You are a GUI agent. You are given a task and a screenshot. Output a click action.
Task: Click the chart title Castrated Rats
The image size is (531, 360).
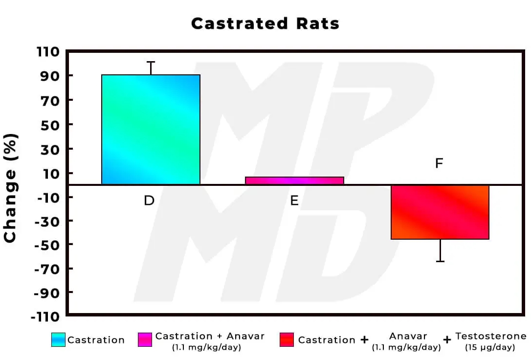[265, 23]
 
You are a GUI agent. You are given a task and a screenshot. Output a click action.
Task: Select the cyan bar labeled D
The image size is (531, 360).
[151, 130]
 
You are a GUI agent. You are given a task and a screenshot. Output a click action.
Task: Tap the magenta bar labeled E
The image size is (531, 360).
[294, 180]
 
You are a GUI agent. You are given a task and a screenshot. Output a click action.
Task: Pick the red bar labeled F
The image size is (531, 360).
[440, 212]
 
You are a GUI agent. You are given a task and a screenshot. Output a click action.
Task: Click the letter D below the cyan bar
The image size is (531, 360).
[149, 201]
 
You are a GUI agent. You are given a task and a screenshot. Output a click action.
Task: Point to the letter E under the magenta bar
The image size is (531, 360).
[294, 201]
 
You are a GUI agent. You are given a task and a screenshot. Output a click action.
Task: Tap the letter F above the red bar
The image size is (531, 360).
[439, 163]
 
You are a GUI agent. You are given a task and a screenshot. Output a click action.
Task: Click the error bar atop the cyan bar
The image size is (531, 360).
[151, 68]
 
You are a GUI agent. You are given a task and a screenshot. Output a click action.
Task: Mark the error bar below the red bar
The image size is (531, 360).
[440, 250]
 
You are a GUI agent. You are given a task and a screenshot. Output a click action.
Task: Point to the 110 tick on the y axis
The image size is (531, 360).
[47, 52]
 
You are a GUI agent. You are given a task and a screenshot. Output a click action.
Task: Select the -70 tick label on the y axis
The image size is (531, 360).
[47, 269]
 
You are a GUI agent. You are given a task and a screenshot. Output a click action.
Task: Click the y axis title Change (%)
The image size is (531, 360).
[10, 187]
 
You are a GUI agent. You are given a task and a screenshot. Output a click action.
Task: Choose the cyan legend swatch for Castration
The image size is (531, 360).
[58, 340]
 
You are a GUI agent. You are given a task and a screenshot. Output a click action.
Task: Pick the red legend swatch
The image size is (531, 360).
[287, 340]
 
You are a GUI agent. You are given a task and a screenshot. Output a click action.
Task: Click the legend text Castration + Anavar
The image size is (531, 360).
[210, 337]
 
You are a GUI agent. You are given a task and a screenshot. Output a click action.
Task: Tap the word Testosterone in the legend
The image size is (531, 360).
[491, 337]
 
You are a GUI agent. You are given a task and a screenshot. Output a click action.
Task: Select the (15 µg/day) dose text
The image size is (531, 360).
[491, 348]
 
